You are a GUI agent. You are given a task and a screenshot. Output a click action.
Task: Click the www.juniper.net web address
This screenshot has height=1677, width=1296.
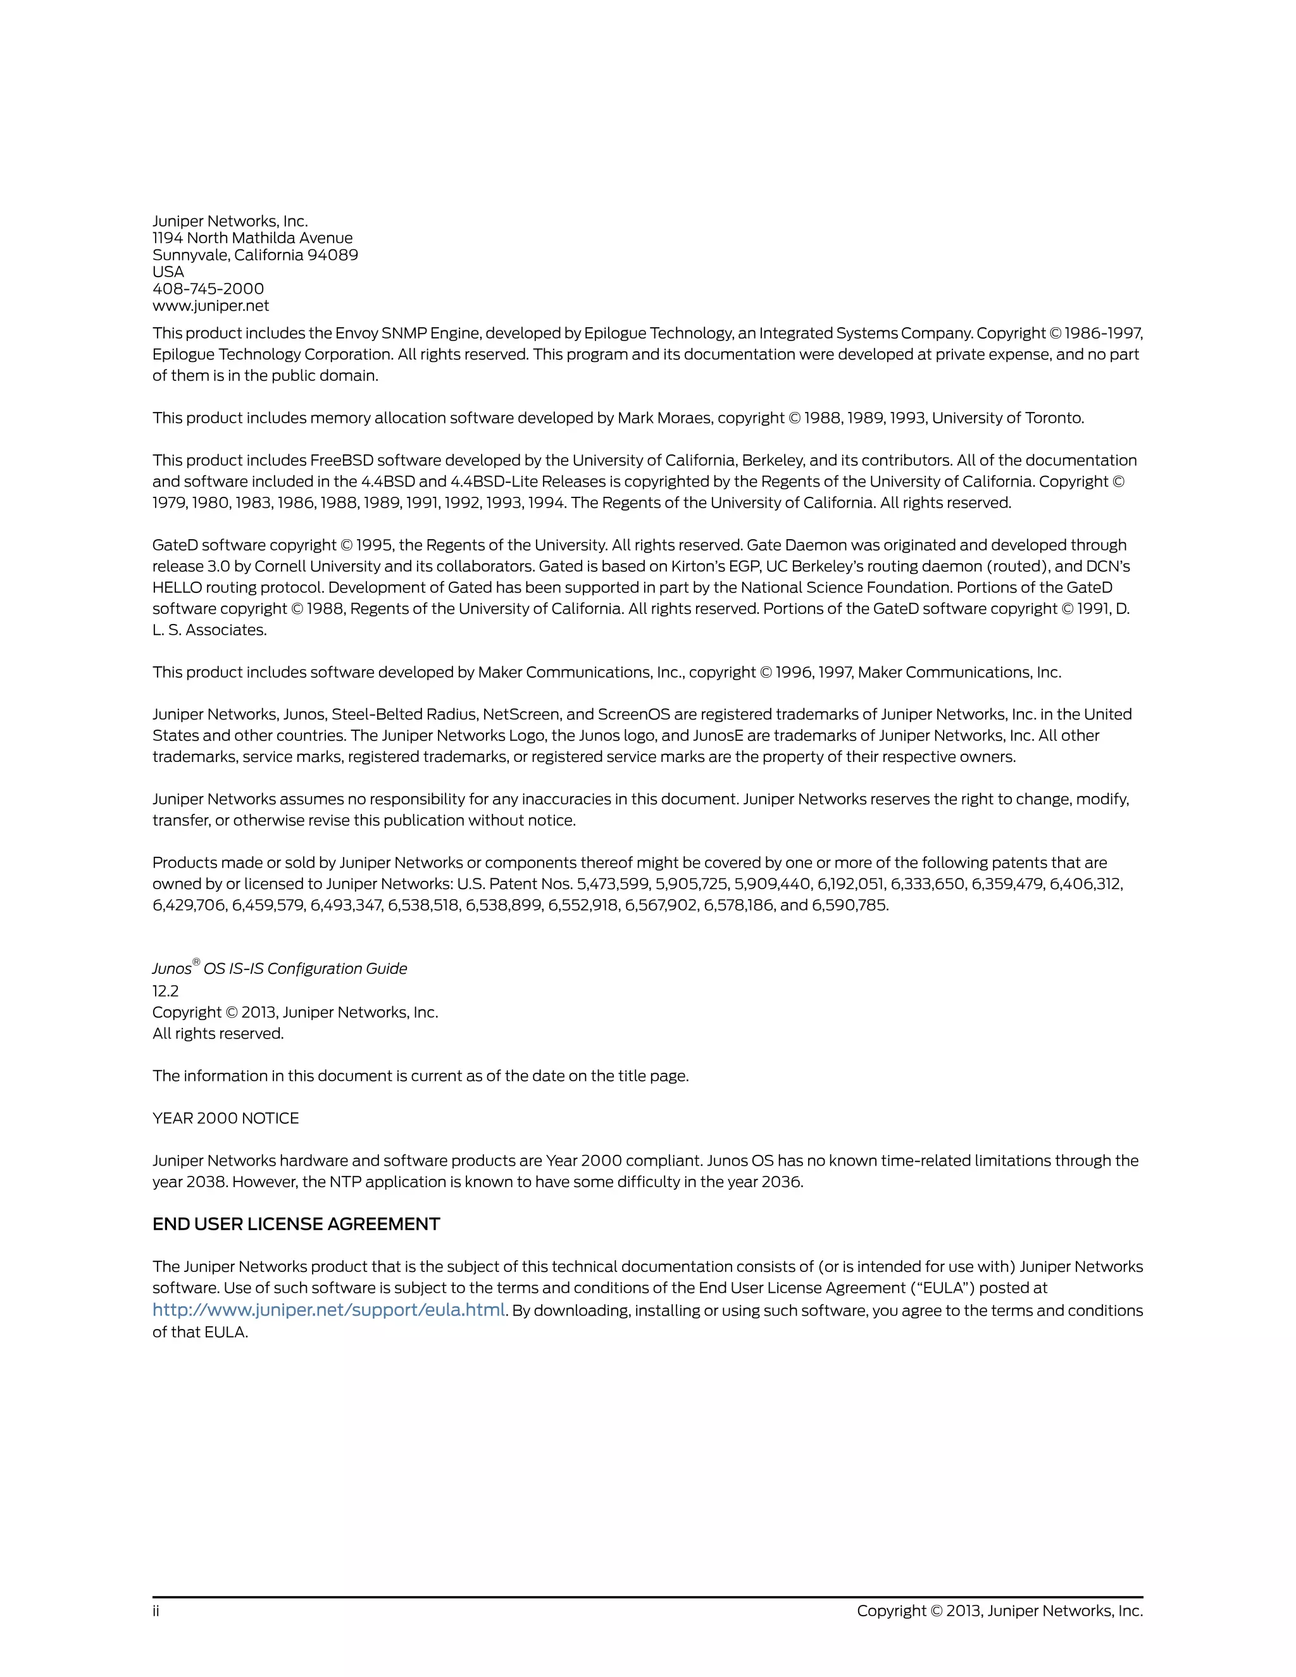pos(210,306)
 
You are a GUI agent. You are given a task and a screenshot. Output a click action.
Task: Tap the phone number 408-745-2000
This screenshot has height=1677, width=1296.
pos(208,289)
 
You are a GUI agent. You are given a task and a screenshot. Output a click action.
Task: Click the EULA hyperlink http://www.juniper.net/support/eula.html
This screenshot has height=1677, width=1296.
pos(328,1310)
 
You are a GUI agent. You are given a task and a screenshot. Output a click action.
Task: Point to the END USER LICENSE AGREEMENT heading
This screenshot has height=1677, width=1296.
pos(296,1224)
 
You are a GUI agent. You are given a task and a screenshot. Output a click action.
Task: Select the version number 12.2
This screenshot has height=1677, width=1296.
pos(165,991)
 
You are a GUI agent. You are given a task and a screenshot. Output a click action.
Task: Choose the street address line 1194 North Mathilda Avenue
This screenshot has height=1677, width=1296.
pos(252,238)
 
